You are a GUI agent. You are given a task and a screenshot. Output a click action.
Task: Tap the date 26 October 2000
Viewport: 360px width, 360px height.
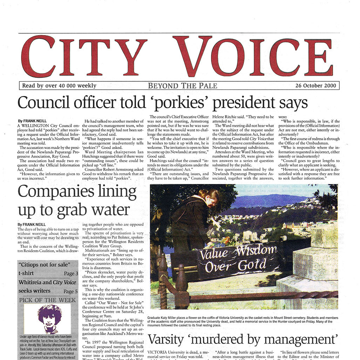315,86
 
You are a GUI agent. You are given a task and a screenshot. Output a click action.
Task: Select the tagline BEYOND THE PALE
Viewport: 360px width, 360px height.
182,86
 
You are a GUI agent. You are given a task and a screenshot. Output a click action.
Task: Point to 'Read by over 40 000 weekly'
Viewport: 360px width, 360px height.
59,86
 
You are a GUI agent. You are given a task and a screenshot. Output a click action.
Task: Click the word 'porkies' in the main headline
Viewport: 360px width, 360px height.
182,103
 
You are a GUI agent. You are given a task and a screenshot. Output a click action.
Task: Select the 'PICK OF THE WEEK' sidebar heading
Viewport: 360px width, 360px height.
47,300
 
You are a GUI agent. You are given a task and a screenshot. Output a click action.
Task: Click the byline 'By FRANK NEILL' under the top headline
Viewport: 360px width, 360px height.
32,121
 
